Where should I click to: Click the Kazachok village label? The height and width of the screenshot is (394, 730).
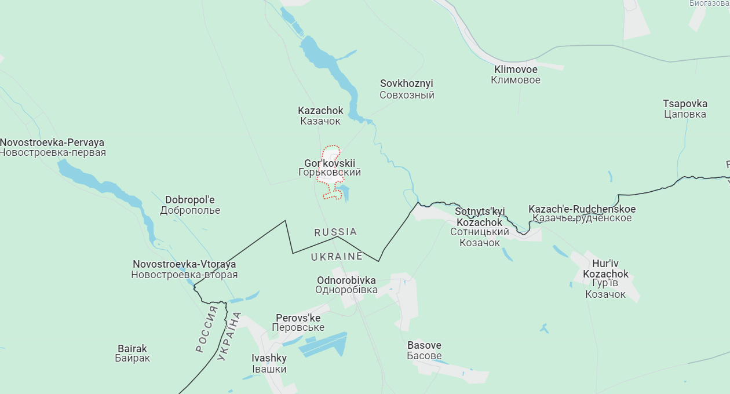(x=320, y=116)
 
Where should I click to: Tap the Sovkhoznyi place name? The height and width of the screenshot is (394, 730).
(x=407, y=89)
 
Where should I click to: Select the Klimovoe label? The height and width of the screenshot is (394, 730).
(x=515, y=75)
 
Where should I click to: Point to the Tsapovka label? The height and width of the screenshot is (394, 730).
(x=685, y=109)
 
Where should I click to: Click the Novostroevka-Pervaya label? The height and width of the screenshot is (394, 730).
(x=52, y=148)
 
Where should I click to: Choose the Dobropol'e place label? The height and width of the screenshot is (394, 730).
(x=190, y=205)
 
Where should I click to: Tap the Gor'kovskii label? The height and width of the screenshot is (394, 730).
(x=330, y=168)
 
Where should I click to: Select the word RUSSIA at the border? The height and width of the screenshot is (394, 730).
(x=335, y=232)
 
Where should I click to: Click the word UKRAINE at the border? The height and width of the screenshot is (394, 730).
(x=337, y=256)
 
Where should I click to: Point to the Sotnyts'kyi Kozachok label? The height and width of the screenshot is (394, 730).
(x=480, y=227)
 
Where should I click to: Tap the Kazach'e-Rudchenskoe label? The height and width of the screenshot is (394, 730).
(x=582, y=214)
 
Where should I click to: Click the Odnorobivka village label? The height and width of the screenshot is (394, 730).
(x=346, y=285)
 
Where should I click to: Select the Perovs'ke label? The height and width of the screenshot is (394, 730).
(x=298, y=323)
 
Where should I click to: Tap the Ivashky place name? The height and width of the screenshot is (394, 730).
(x=269, y=363)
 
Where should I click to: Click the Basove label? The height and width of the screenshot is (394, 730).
(x=424, y=351)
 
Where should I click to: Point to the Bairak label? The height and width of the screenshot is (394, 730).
(x=132, y=353)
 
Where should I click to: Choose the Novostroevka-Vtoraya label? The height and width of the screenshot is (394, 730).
(x=184, y=269)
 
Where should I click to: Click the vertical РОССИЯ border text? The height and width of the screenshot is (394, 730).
(x=207, y=330)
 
